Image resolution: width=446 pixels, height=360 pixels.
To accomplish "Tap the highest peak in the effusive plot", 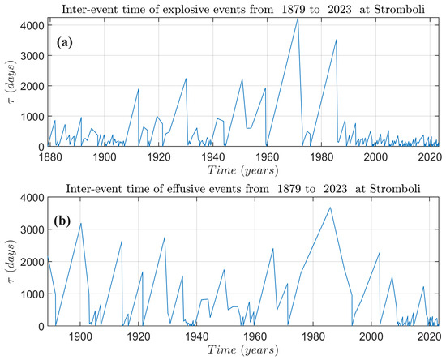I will click(330, 208).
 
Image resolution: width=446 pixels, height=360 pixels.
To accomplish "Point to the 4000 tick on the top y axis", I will click(36, 23).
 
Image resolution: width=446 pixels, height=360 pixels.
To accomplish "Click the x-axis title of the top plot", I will click(239, 169).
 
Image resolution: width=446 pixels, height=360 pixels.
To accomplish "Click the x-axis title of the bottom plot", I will click(239, 349).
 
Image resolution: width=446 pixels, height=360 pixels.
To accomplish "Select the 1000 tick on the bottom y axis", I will click(36, 294).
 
